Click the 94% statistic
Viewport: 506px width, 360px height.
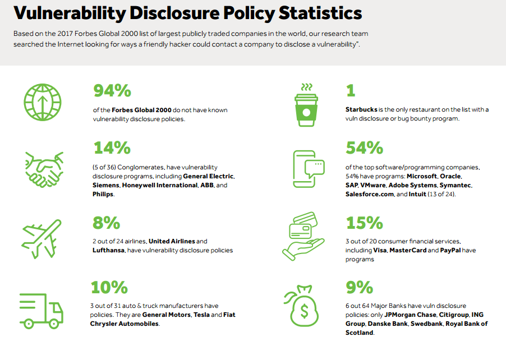[112, 90]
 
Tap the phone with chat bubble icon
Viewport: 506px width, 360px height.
[308, 168]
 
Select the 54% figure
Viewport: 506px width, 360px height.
[365, 148]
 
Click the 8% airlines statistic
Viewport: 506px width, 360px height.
[106, 223]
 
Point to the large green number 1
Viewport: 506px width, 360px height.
[351, 90]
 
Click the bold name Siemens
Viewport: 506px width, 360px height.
[107, 185]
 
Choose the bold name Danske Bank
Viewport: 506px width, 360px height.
[388, 324]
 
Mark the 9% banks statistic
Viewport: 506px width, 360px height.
[360, 288]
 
